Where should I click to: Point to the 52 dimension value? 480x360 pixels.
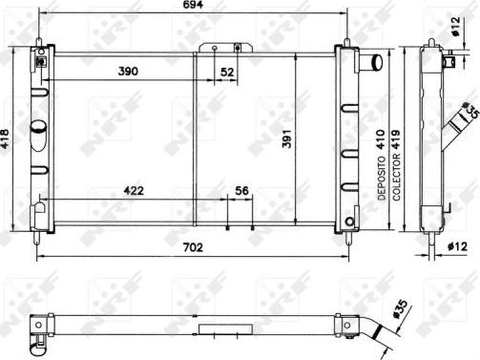(227, 73)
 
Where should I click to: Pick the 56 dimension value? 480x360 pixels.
(241, 191)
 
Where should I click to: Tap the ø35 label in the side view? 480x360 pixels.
(469, 113)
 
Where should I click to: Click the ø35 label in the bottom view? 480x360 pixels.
(398, 307)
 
